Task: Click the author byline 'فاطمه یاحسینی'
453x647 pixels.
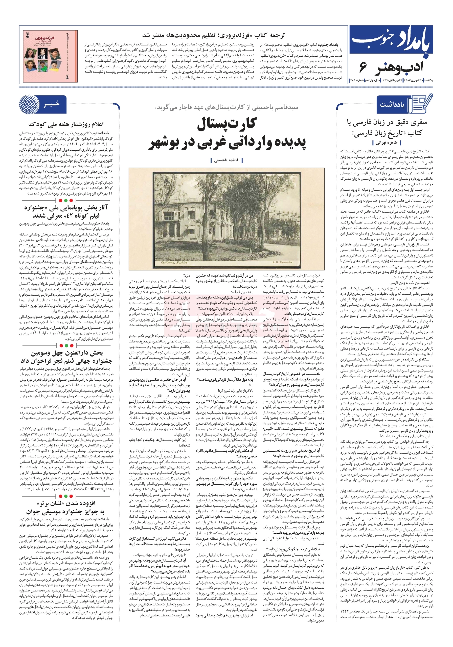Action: [x=226, y=160]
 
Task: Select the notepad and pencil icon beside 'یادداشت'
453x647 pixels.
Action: [x=420, y=104]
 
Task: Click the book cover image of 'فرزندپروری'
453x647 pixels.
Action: [x=50, y=56]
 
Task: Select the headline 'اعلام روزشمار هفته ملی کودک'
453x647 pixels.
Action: [x=66, y=124]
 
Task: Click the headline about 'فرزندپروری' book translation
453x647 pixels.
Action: [x=213, y=35]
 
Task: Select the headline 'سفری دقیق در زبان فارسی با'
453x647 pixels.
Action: [x=387, y=122]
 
